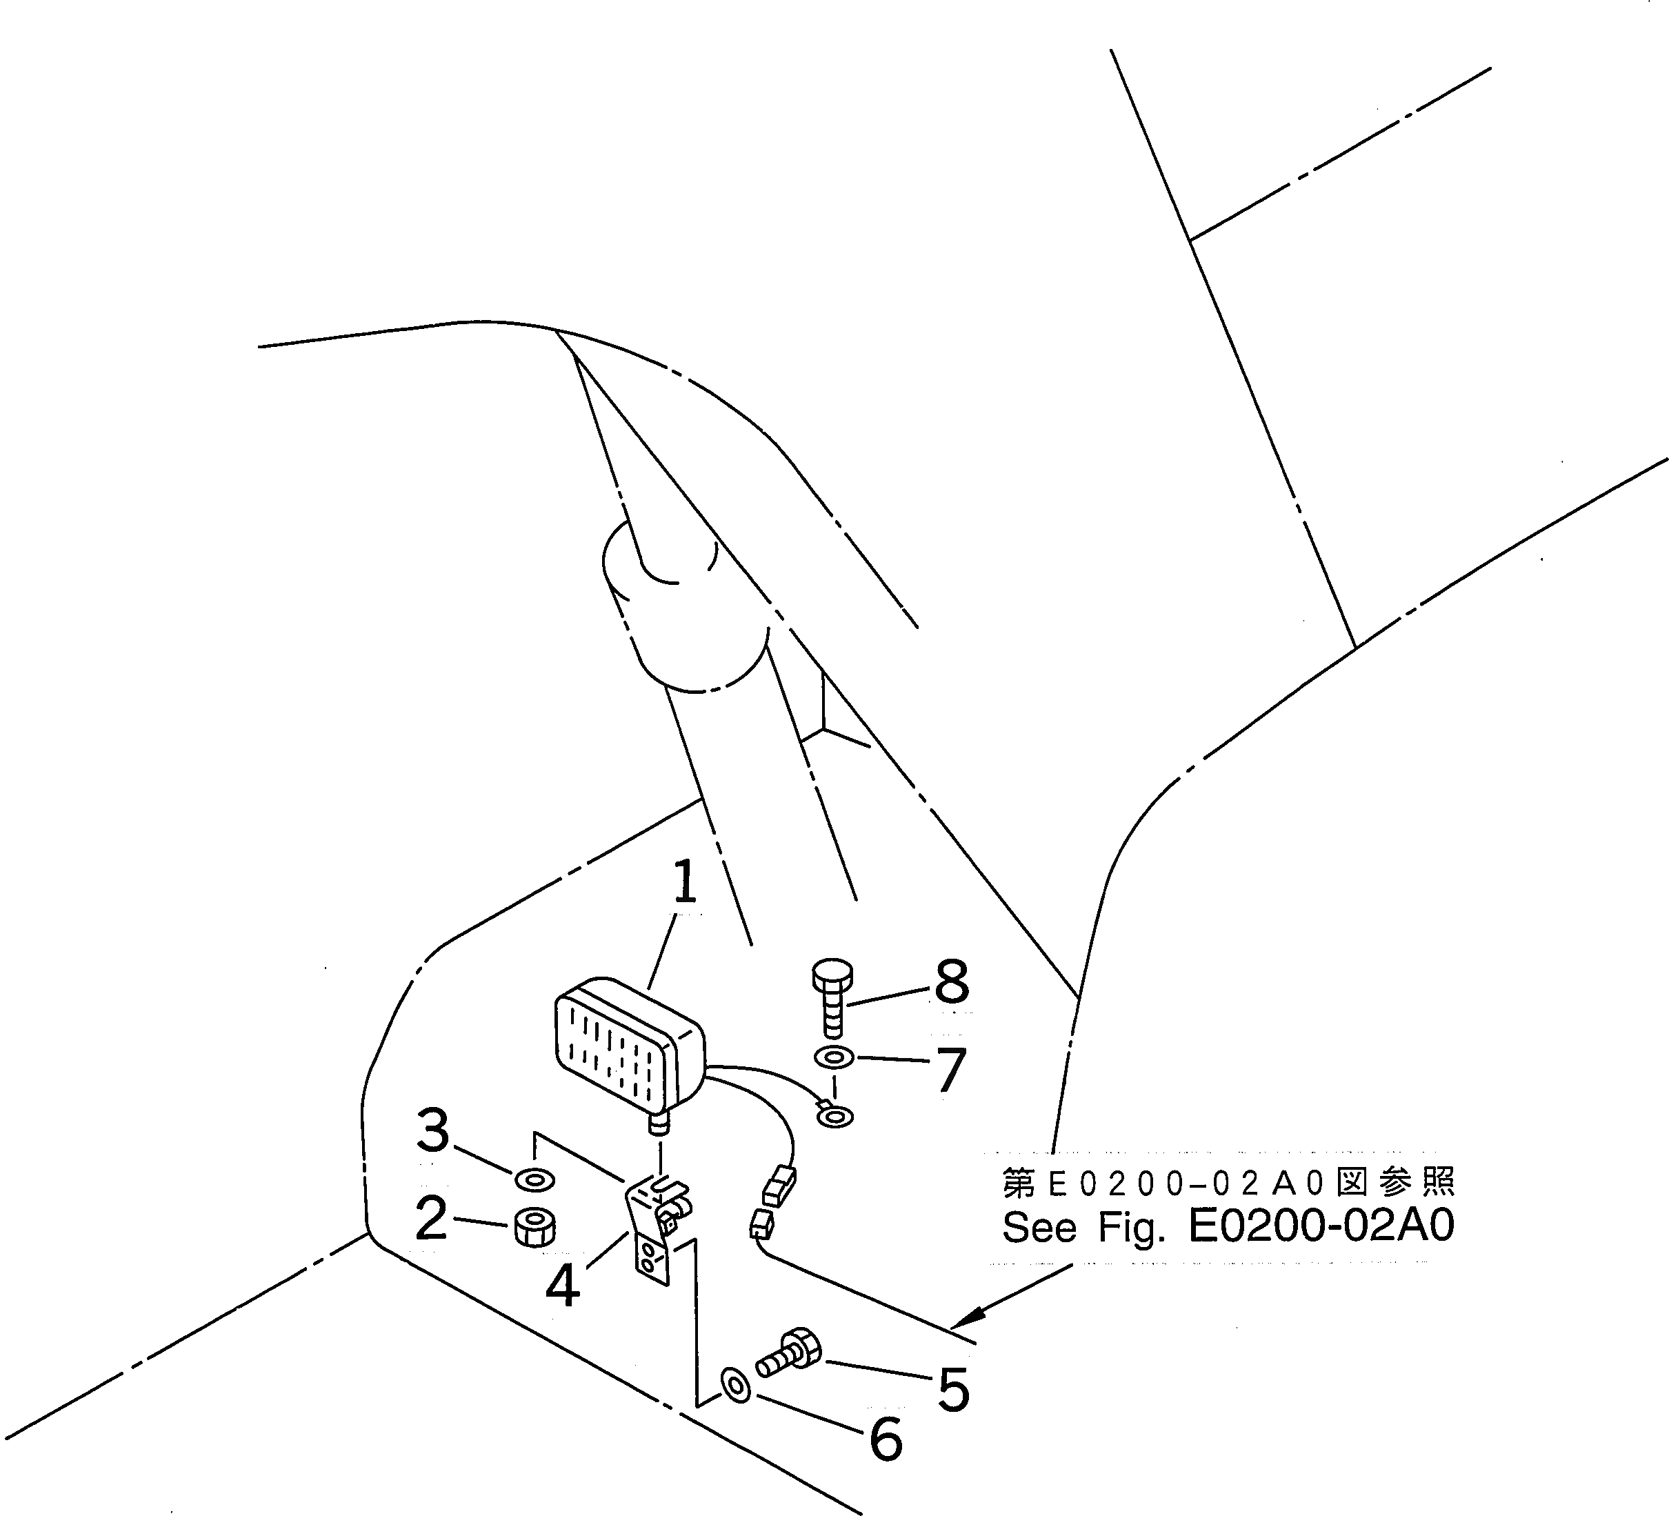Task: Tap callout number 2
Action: pyautogui.click(x=431, y=1218)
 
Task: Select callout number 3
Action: pyautogui.click(x=432, y=1131)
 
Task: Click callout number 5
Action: pyautogui.click(x=953, y=1389)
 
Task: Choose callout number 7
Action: pyautogui.click(x=950, y=1070)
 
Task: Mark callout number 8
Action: pyautogui.click(x=951, y=982)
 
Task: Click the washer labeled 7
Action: pyautogui.click(x=834, y=1058)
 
